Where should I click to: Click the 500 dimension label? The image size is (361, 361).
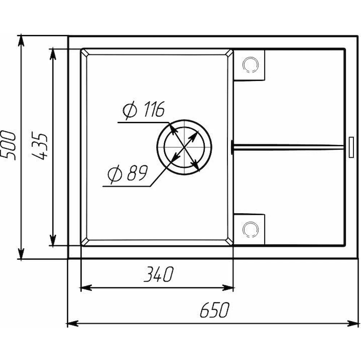(x=8, y=145)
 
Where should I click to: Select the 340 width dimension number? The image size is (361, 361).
(x=158, y=274)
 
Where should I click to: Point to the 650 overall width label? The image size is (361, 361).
(x=214, y=310)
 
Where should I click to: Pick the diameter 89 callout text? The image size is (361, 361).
(x=127, y=173)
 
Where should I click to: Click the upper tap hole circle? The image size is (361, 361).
(x=251, y=65)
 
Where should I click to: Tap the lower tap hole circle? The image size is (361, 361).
(x=251, y=230)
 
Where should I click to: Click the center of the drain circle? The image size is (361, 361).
(x=184, y=147)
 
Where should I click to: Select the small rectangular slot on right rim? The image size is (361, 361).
(x=351, y=147)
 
